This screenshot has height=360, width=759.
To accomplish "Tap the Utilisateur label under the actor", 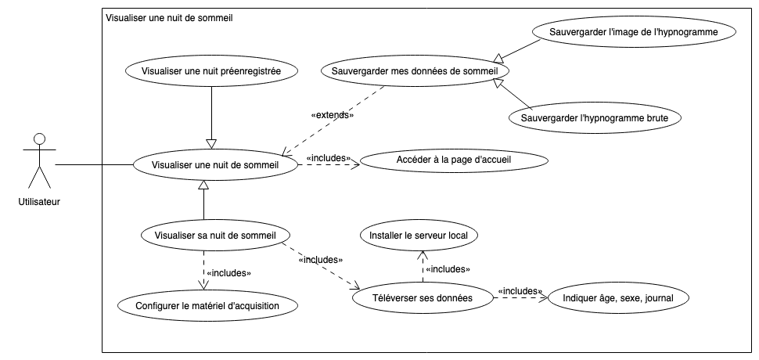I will pyautogui.click(x=39, y=201).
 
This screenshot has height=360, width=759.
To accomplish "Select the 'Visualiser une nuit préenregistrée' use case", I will pyautogui.click(x=211, y=70).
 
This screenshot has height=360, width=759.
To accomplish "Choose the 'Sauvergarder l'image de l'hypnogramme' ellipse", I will pyautogui.click(x=635, y=32).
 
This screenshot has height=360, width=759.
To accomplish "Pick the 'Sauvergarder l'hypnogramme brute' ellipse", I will pyautogui.click(x=595, y=118).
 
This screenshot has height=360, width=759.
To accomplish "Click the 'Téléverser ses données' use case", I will pyautogui.click(x=423, y=297).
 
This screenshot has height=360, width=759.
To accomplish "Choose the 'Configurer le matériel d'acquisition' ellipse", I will pyautogui.click(x=207, y=304).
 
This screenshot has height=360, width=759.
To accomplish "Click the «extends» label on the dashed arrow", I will pyautogui.click(x=333, y=116).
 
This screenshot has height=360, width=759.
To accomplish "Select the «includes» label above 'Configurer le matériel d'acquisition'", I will pyautogui.click(x=227, y=274).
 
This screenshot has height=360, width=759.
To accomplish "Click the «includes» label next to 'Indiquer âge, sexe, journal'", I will pyautogui.click(x=520, y=291).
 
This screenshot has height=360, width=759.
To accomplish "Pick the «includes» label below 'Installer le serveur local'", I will pyautogui.click(x=447, y=269).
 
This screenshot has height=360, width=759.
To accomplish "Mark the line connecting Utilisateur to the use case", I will pyautogui.click(x=94, y=165).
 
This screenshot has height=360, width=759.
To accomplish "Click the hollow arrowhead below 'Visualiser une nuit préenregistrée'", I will pyautogui.click(x=211, y=143).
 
